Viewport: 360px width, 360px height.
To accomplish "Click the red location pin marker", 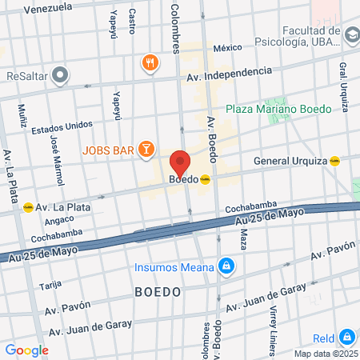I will [180, 162].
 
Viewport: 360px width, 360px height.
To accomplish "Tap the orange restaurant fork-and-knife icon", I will [149, 63].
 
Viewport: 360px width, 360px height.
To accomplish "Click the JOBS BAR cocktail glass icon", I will [146, 149].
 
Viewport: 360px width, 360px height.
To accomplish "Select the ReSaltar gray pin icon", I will [60, 76].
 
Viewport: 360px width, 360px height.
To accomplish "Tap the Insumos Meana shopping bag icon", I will [227, 266].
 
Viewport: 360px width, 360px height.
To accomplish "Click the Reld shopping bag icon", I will [346, 338].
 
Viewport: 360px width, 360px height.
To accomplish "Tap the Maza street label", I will [243, 238].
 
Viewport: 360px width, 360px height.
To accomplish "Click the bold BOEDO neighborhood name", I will [158, 292].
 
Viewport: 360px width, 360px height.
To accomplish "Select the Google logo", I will [26, 350].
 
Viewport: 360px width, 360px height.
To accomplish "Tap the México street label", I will [226, 47].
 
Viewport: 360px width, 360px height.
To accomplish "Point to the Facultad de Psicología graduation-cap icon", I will [352, 34].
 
